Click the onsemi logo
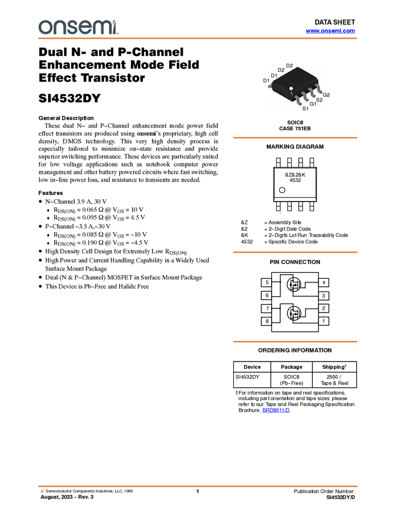tap(78, 27)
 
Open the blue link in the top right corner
tap(330, 31)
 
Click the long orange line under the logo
tap(198, 39)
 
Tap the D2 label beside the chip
tap(281, 70)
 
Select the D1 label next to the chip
tap(274, 75)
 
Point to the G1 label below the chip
tap(313, 104)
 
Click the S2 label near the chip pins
tap(319, 100)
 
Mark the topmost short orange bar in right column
tap(295, 138)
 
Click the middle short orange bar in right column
tap(295, 252)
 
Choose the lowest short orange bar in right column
tap(295, 342)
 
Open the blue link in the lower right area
tap(276, 410)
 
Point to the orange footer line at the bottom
tap(198, 486)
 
